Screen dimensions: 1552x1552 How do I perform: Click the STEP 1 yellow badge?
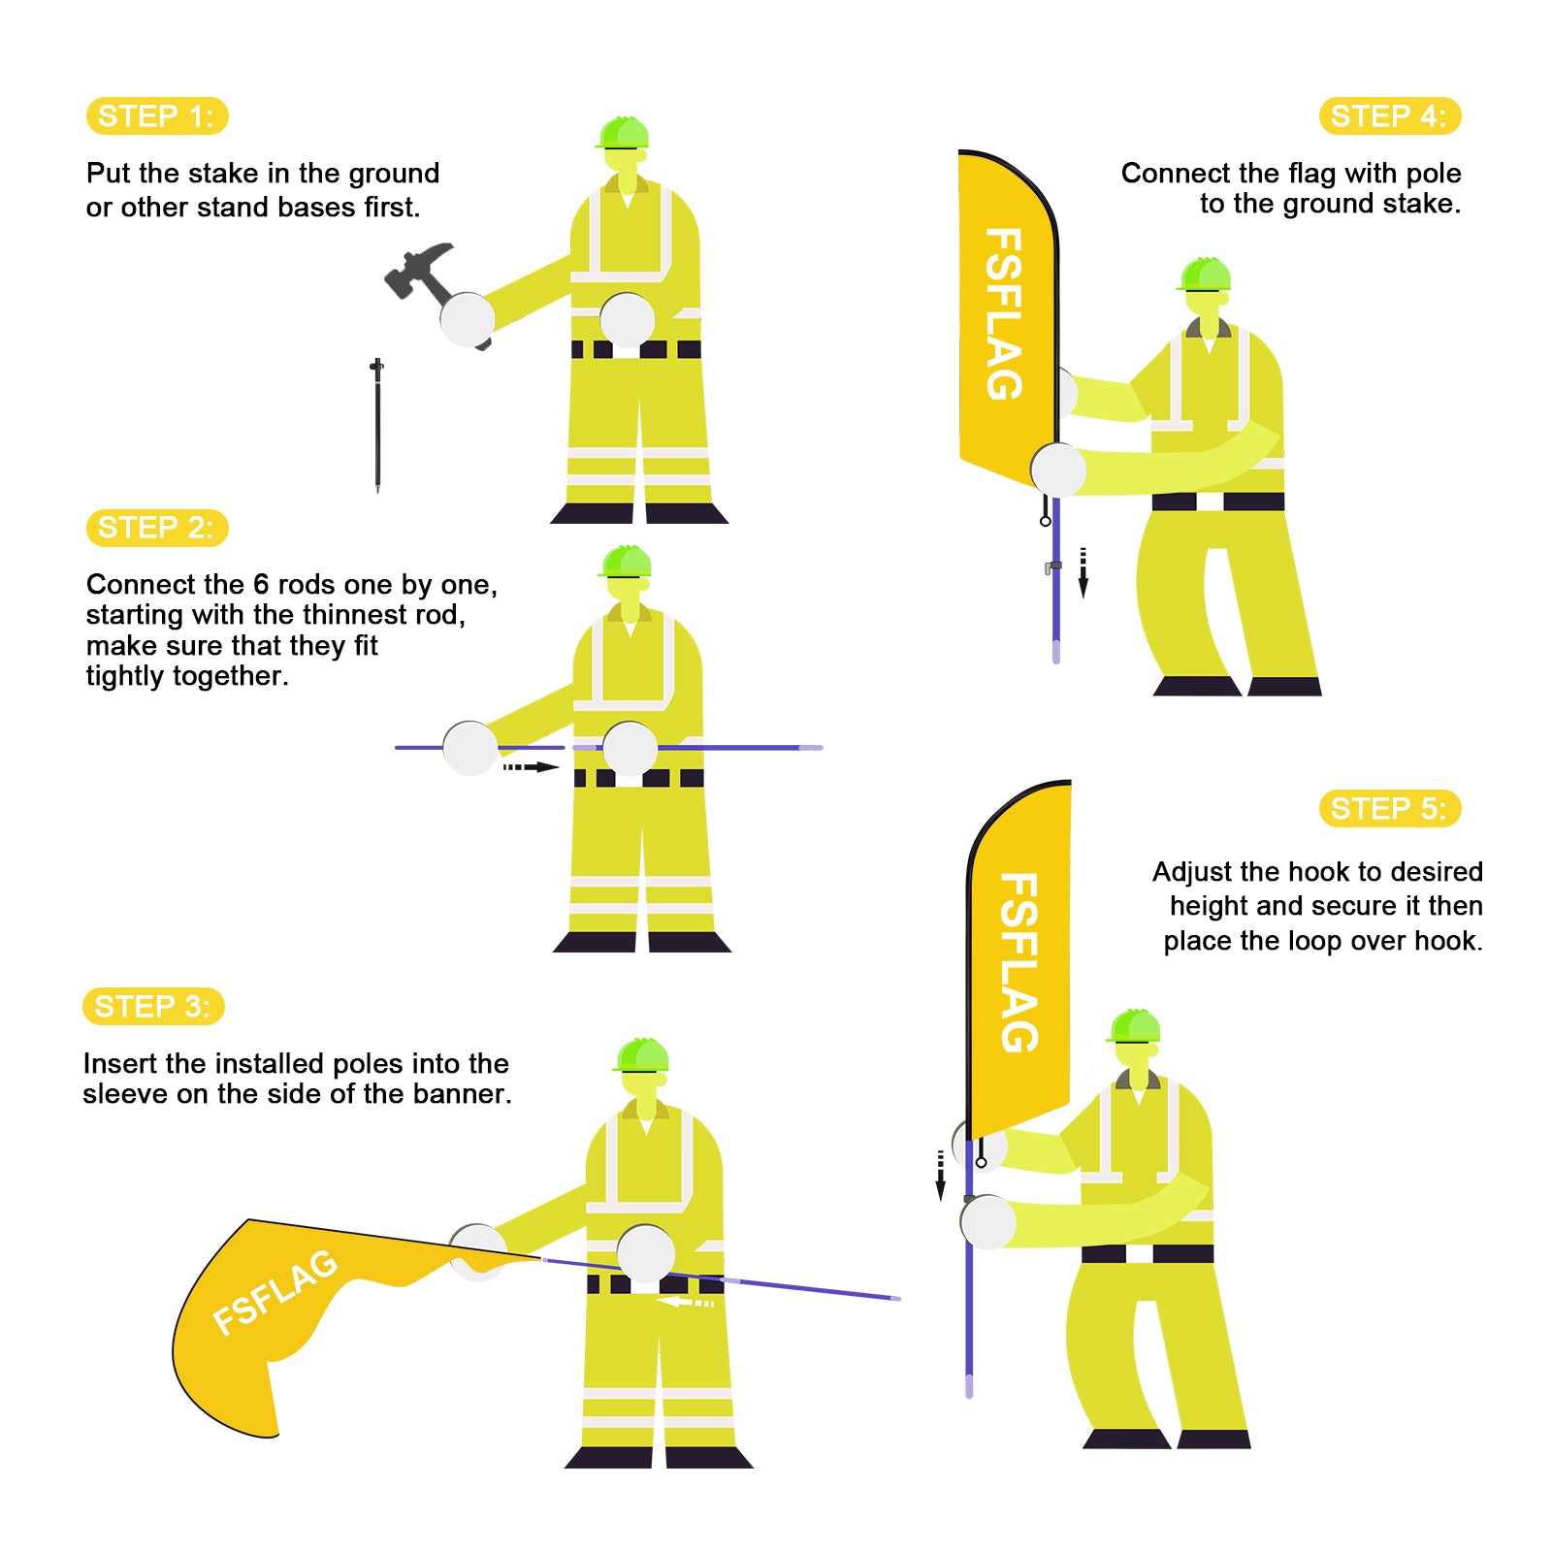157,116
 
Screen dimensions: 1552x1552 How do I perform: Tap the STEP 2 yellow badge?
157,528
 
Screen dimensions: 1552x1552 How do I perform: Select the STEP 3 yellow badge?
153,1006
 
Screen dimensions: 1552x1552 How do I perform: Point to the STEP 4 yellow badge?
1390,116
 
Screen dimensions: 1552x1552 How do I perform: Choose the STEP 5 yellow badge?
1390,808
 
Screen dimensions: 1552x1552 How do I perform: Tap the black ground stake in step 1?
377,425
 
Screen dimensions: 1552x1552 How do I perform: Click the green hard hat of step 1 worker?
623,133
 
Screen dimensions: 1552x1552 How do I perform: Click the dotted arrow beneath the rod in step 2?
531,767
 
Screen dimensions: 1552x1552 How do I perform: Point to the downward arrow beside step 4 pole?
1083,573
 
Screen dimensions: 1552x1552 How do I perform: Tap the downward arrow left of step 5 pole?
940,1176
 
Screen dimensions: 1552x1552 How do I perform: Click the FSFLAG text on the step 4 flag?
1004,314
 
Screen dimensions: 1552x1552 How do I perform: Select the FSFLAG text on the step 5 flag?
1018,962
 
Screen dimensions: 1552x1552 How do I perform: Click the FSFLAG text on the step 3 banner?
275,1292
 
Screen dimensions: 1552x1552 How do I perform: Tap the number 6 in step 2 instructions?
261,584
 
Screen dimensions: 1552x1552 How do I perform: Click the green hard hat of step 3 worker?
640,1054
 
